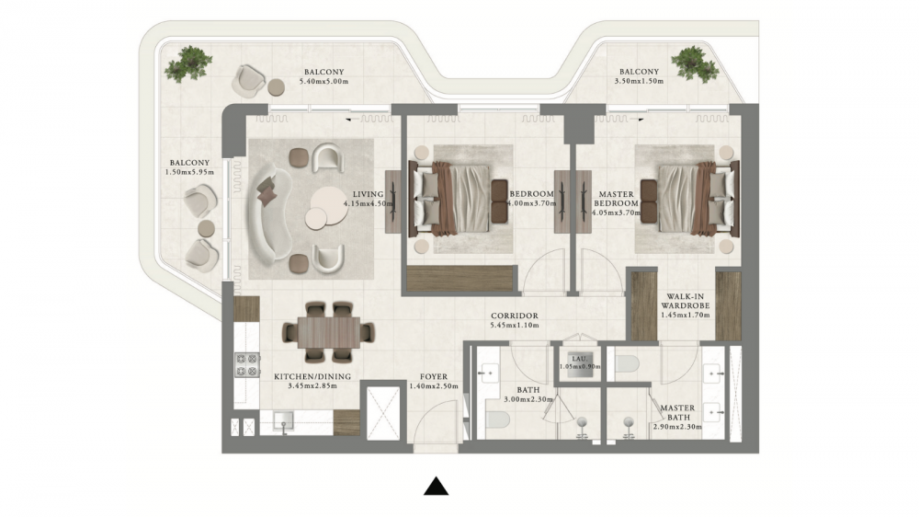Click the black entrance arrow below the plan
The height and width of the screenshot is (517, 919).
coord(436,487)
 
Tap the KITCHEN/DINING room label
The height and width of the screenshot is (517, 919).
coord(312,377)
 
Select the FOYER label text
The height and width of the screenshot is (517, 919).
coord(434,377)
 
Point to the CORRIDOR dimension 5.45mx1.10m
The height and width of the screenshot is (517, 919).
coord(515,325)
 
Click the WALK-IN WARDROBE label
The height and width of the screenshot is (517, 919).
coord(686,301)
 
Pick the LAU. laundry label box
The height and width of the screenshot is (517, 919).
coord(579,363)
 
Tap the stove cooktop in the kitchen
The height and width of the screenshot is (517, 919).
coord(247,365)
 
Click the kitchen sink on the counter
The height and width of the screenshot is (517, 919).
coord(284,420)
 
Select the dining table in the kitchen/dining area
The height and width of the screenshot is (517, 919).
coord(328,332)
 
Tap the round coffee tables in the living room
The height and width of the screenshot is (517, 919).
coord(324,207)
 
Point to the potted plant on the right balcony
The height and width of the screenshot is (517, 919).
coord(694,63)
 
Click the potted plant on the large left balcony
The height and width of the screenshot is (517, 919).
coord(188,63)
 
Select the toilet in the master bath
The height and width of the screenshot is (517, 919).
coord(627,364)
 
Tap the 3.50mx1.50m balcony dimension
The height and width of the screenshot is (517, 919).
coord(639,81)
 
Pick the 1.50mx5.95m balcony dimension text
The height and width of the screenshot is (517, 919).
coord(189,173)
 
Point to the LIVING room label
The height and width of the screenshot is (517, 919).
coord(368,194)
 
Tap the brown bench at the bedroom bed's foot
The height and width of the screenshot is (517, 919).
coord(499,201)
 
